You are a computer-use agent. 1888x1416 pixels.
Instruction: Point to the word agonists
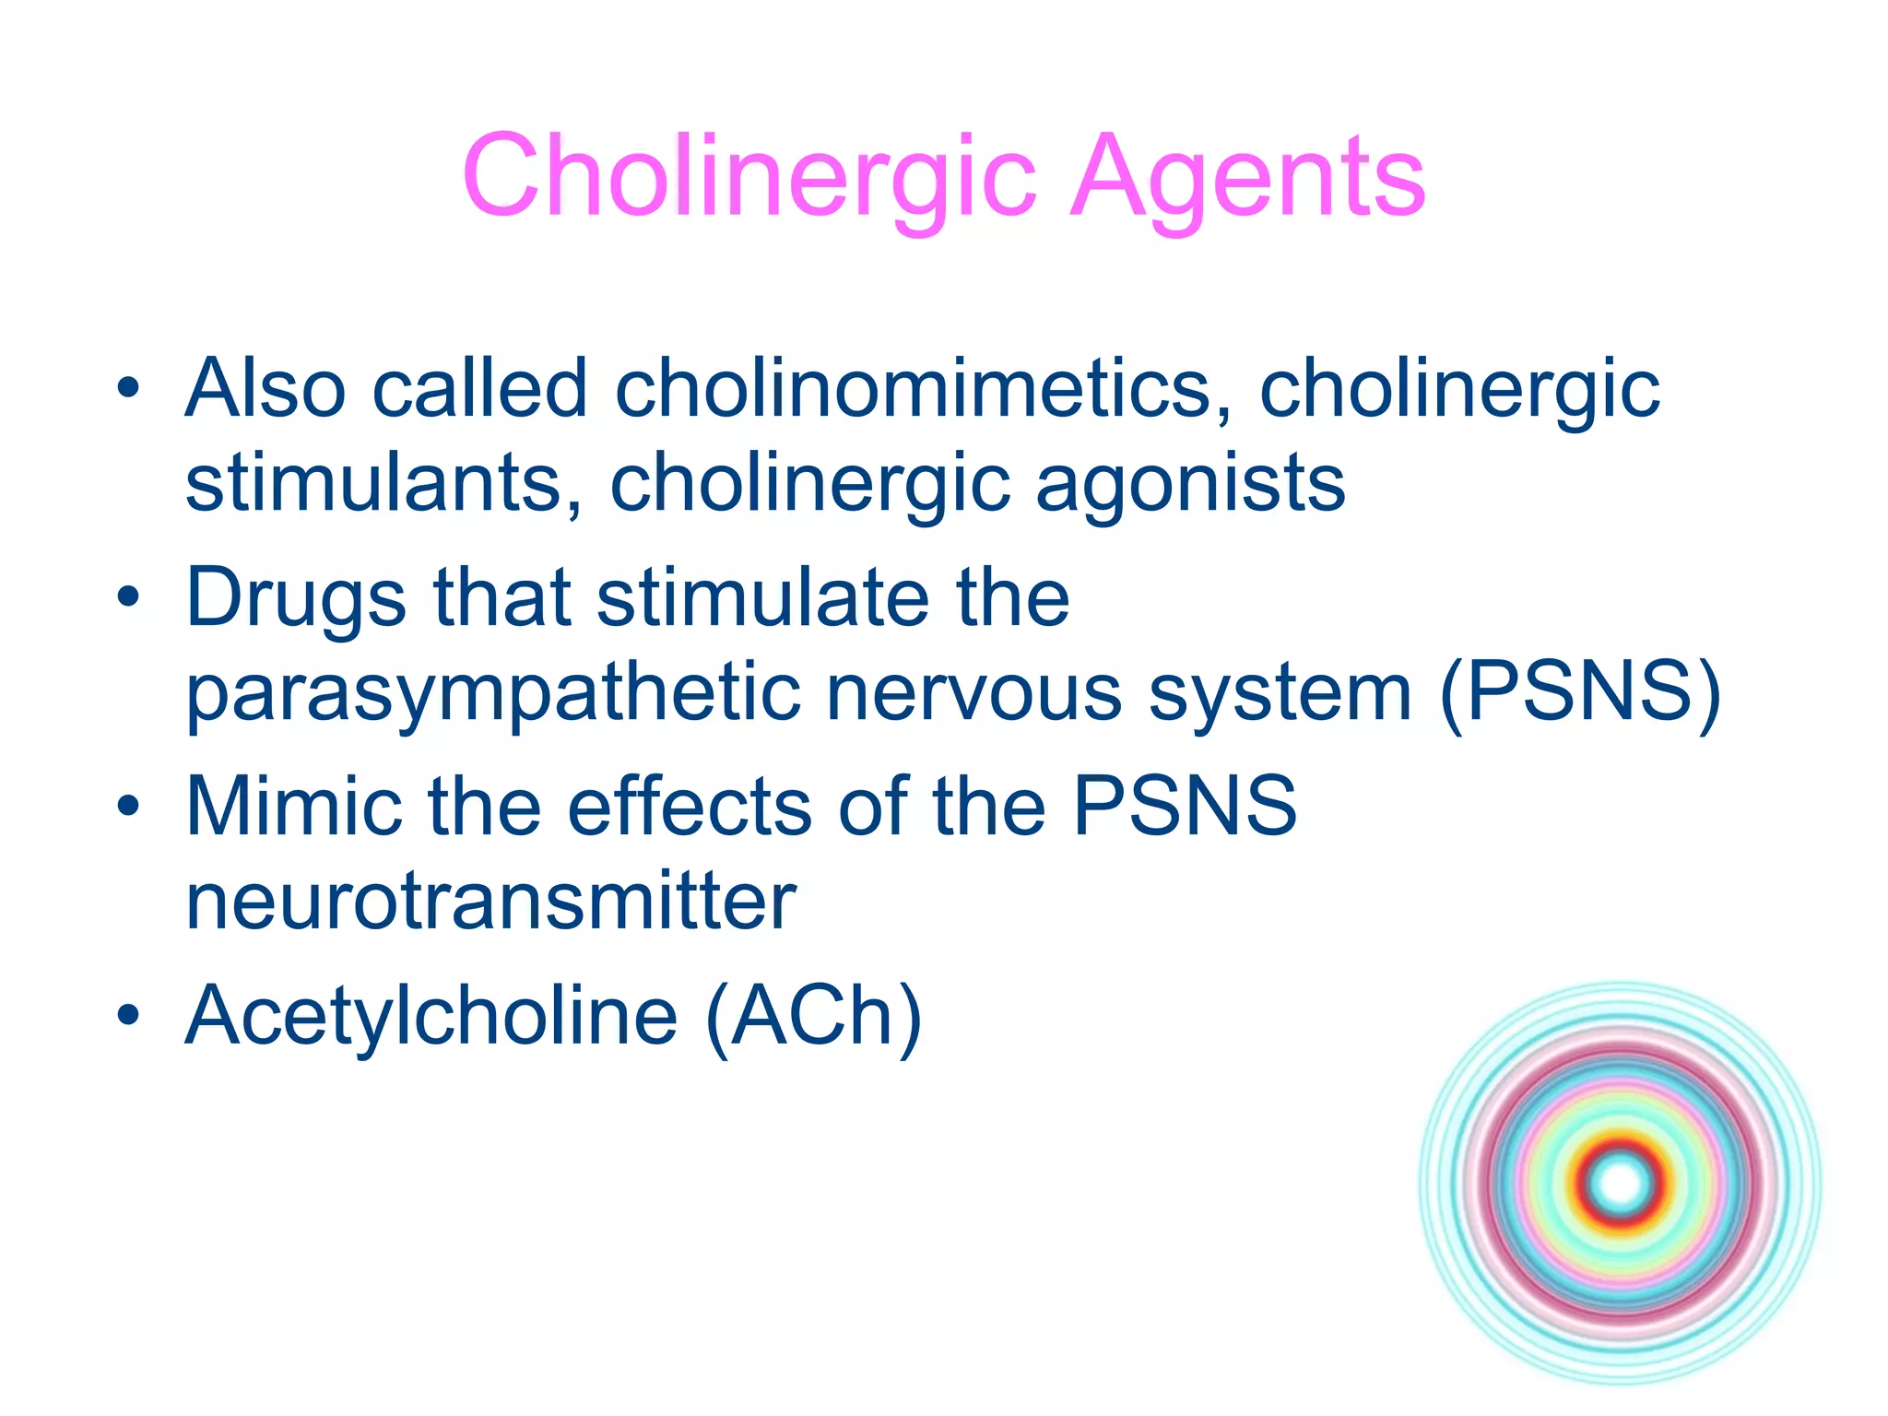click(x=1190, y=484)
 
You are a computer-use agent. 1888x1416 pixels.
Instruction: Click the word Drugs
click(x=296, y=599)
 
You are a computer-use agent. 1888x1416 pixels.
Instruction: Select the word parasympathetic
click(x=493, y=694)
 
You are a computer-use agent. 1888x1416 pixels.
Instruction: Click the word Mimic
click(x=294, y=806)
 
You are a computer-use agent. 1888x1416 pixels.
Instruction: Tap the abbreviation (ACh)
click(x=814, y=1017)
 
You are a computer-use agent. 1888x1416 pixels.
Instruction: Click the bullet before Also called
click(x=128, y=388)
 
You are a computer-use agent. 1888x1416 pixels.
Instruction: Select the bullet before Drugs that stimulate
click(x=128, y=597)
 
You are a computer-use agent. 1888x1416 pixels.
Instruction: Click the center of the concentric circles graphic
click(x=1620, y=1183)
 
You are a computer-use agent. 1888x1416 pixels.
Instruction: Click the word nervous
click(x=974, y=692)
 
